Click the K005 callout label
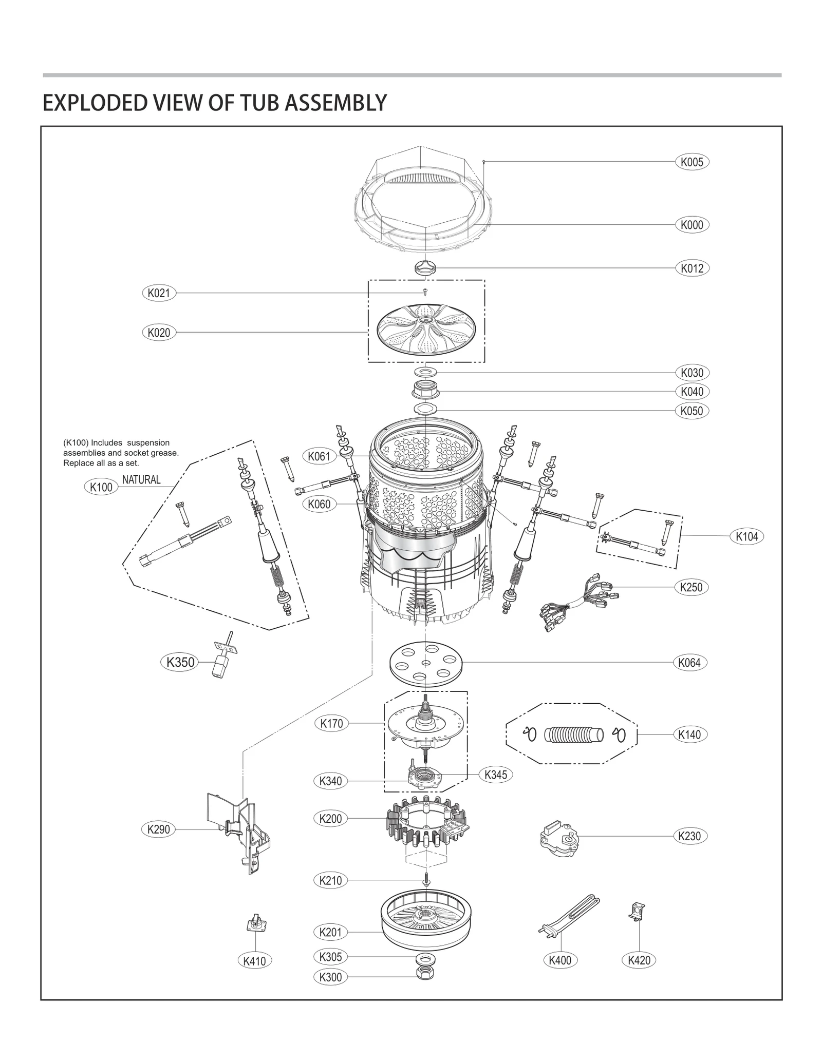[x=692, y=162]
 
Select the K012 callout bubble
[x=692, y=268]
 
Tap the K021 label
[x=158, y=293]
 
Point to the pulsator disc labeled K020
[x=426, y=328]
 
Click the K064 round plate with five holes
[x=426, y=663]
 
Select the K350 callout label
[x=180, y=662]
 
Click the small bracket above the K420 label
[x=637, y=913]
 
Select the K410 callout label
[x=254, y=960]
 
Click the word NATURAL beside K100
[x=141, y=480]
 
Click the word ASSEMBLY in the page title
[x=335, y=103]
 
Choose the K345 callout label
[x=495, y=775]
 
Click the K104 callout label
[x=746, y=536]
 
